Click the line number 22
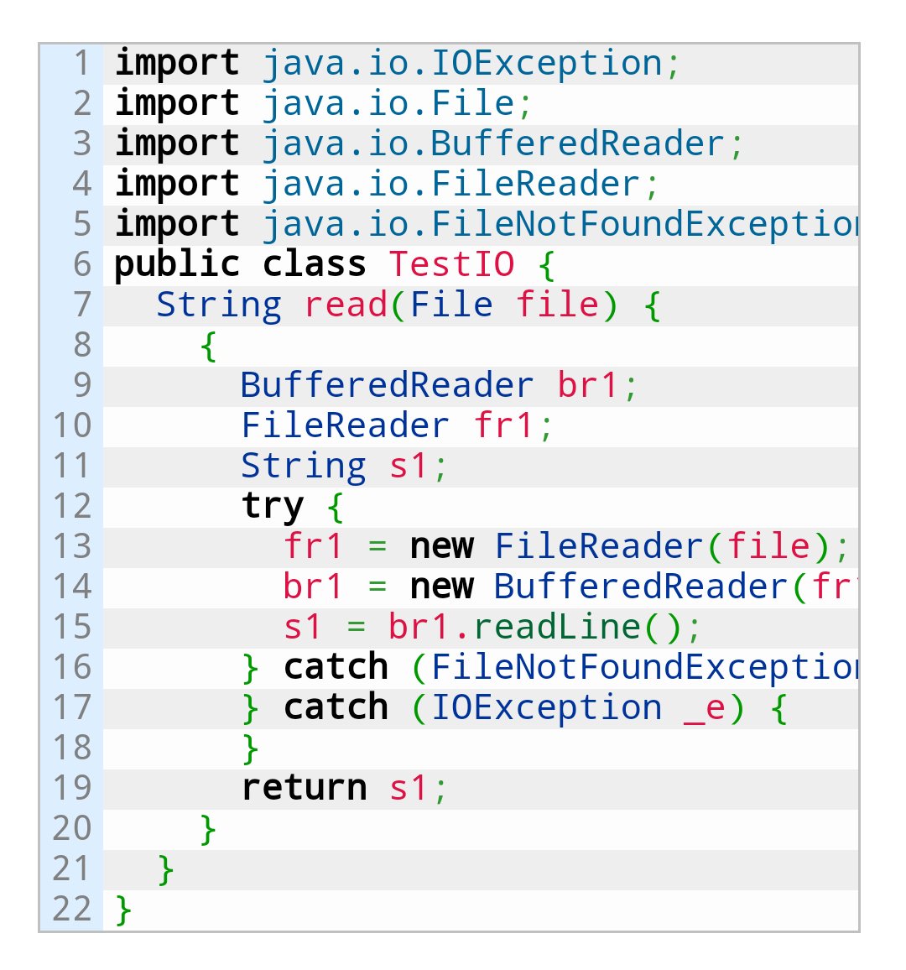coord(71,909)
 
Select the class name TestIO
coord(451,264)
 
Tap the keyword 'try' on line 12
coord(273,506)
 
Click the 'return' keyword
coord(304,788)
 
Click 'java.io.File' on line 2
coord(388,103)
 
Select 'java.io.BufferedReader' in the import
coord(493,143)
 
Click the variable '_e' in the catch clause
coord(705,707)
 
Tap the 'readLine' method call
coord(557,627)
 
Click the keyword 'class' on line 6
coord(314,264)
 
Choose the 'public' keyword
coord(177,264)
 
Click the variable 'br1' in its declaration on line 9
coord(587,385)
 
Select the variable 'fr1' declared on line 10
coord(503,425)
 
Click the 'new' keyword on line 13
coord(441,546)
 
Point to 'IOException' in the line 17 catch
coord(546,707)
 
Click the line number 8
coord(81,345)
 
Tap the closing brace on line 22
coord(123,909)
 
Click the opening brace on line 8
coord(209,345)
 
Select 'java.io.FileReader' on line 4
coord(451,184)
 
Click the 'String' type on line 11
coord(304,466)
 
